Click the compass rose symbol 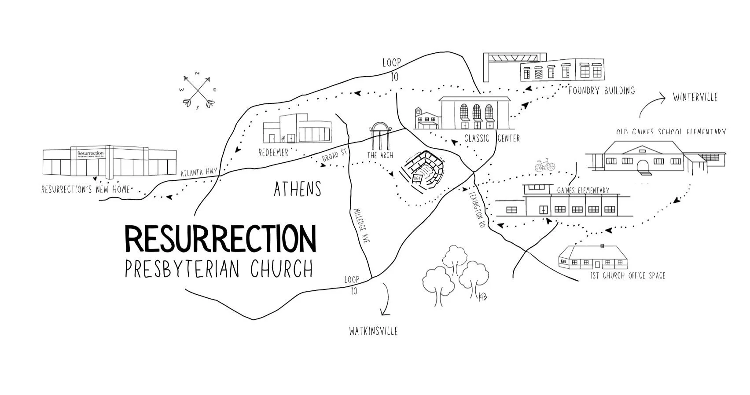199,91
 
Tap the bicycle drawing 545,166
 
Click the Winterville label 695,97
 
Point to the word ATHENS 298,189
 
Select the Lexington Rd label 478,209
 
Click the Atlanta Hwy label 199,173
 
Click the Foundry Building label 601,91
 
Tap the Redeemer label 273,153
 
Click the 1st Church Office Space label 628,276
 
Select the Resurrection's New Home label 86,190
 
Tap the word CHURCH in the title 281,269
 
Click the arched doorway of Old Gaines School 643,165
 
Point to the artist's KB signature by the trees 483,297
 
